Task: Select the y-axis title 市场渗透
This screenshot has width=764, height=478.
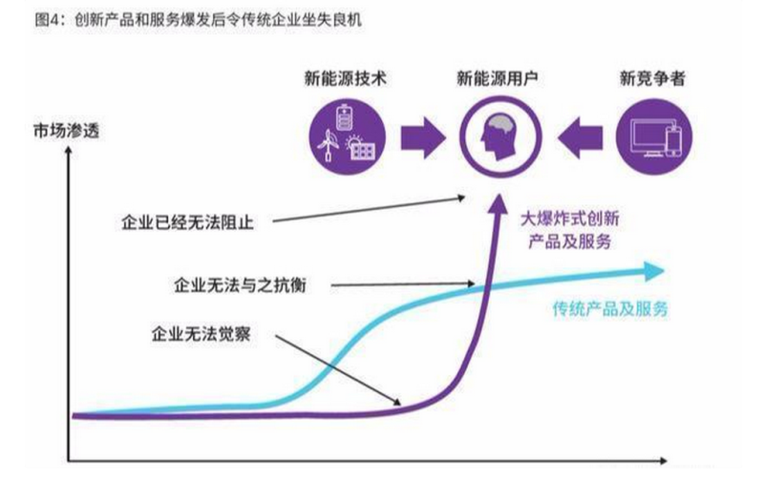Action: click(49, 131)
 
